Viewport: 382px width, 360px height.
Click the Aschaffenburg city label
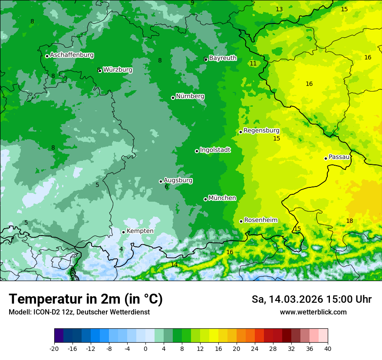pyautogui.click(x=72, y=55)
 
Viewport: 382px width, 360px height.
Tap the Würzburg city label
pyautogui.click(x=118, y=70)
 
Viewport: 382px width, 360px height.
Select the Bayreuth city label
pyautogui.click(x=223, y=58)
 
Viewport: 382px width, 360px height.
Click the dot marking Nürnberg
pyautogui.click(x=173, y=98)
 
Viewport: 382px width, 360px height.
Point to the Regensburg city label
pyautogui.click(x=261, y=131)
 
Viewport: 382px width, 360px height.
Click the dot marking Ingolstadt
pyautogui.click(x=197, y=151)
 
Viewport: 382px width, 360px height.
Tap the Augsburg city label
pyautogui.click(x=178, y=180)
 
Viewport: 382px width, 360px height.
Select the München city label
pyautogui.click(x=222, y=198)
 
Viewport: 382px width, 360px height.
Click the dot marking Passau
pyautogui.click(x=326, y=158)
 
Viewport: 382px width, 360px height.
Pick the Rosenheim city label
pyautogui.click(x=260, y=220)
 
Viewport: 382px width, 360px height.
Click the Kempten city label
pyautogui.click(x=140, y=231)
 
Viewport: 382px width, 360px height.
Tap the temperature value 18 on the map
pyautogui.click(x=349, y=221)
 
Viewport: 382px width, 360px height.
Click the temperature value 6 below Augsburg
pyautogui.click(x=166, y=187)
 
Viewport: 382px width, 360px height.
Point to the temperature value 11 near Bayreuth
pyautogui.click(x=253, y=63)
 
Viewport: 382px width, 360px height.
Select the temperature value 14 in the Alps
pyautogui.click(x=174, y=265)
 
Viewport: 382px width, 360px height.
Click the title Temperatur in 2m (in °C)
pyautogui.click(x=86, y=299)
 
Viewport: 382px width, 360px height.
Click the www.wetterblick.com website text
pyautogui.click(x=313, y=312)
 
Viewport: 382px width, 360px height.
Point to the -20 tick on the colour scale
pyautogui.click(x=54, y=348)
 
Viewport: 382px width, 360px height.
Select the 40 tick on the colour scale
pyautogui.click(x=328, y=348)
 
